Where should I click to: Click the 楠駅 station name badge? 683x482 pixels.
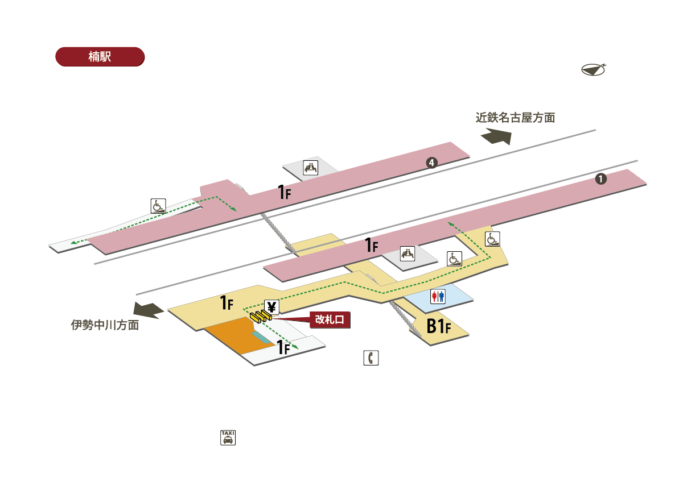click(100, 57)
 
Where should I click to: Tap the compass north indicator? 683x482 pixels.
click(593, 70)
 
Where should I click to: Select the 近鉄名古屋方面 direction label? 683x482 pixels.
click(515, 118)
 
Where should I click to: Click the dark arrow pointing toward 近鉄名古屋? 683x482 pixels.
click(496, 136)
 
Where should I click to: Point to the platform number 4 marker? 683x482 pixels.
click(431, 163)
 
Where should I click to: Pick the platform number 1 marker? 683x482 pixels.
click(600, 178)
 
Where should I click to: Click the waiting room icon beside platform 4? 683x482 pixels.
click(310, 168)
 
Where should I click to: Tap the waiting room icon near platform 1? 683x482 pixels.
click(408, 254)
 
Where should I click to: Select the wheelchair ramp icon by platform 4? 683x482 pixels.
click(158, 206)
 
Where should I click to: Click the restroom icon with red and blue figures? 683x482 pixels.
click(438, 297)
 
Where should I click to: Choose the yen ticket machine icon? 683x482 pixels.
click(271, 307)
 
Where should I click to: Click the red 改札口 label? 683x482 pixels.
click(330, 319)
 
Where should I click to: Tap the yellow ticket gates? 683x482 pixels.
click(261, 317)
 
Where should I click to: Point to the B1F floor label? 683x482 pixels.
click(438, 326)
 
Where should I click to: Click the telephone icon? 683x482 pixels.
click(371, 358)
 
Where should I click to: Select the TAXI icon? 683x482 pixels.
click(228, 438)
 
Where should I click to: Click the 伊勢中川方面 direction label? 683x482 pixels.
click(105, 325)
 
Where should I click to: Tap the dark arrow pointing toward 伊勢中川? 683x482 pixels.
click(149, 310)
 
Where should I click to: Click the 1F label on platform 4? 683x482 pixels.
click(285, 192)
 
